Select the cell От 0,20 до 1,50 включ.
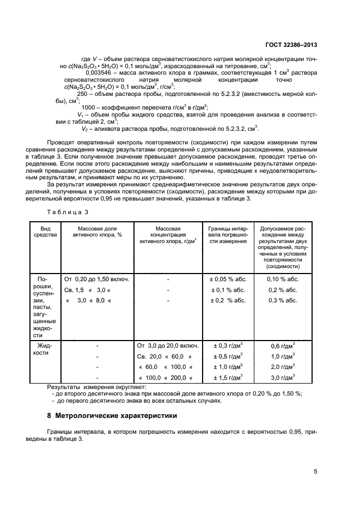(97, 280)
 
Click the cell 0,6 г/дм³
(283, 346)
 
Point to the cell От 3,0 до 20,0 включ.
(168, 346)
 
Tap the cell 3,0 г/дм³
(283, 377)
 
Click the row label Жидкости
(45, 349)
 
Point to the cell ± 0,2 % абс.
(229, 300)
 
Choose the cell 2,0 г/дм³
(283, 367)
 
